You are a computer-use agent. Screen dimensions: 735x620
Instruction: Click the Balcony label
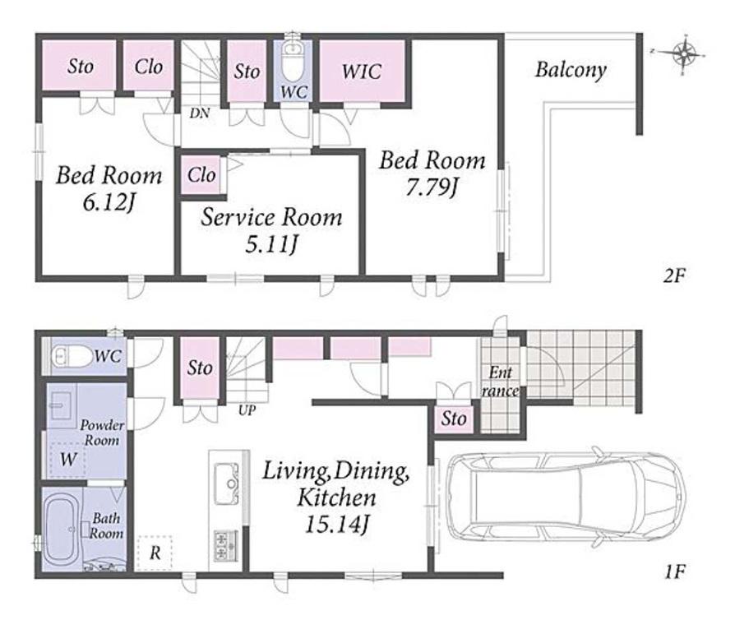tap(571, 71)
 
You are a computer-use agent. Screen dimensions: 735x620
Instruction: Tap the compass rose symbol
tap(684, 53)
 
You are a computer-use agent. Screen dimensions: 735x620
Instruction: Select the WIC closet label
tap(362, 72)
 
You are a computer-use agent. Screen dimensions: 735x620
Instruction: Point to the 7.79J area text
tap(432, 188)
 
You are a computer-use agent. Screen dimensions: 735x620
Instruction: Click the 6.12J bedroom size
tap(109, 202)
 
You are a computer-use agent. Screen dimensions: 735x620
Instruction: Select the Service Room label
tap(271, 218)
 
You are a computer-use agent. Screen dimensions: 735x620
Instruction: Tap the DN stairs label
tap(200, 113)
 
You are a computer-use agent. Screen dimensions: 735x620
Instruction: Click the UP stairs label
tap(247, 410)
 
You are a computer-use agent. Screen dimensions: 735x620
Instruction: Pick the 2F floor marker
tap(674, 275)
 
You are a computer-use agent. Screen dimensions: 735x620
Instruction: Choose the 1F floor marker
tap(675, 571)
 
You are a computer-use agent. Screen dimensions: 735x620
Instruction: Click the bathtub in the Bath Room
tap(61, 529)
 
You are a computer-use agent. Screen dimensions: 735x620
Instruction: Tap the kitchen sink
tap(226, 483)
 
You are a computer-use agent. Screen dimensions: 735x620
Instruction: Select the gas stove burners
tap(226, 546)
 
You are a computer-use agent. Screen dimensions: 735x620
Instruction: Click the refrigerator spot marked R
tap(155, 553)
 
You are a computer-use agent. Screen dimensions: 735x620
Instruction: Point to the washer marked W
tap(68, 459)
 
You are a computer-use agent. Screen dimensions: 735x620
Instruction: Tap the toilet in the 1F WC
tap(72, 356)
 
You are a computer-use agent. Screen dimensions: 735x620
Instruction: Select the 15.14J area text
tap(336, 525)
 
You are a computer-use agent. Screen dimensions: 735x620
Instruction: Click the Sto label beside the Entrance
tap(454, 419)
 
